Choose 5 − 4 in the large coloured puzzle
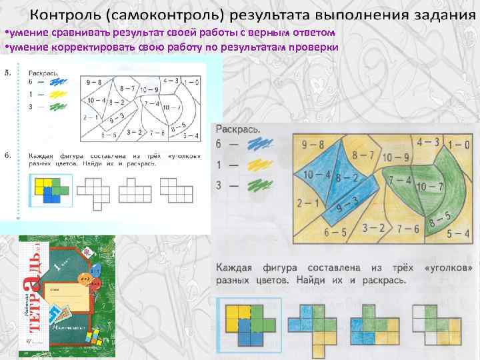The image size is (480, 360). (458, 233)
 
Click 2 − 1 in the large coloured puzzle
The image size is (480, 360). (307, 203)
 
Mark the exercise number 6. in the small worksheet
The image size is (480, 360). (7, 155)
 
